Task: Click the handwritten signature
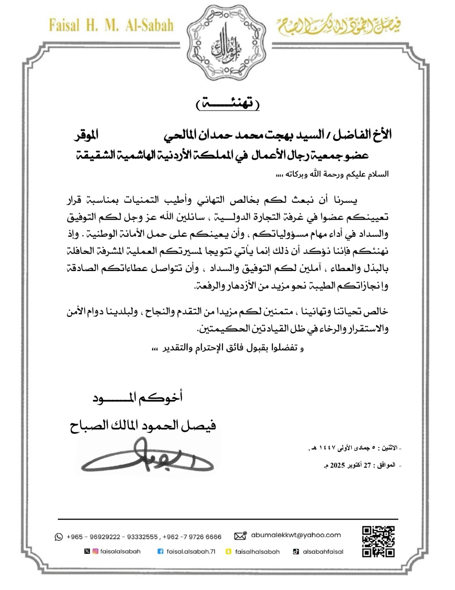point(147,457)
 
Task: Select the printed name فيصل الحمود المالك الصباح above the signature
point(143,426)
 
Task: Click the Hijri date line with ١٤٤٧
point(354,448)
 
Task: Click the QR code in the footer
point(378,541)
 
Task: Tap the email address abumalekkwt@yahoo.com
point(296,535)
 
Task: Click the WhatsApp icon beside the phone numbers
point(59,537)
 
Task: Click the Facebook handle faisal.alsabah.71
point(191,552)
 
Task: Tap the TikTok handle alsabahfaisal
point(323,552)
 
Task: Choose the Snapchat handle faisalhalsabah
point(257,552)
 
